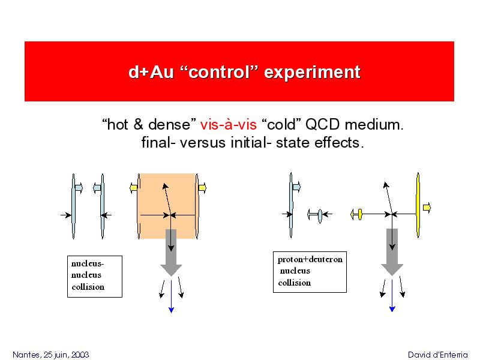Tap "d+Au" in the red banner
pos(151,72)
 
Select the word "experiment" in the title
pos(312,73)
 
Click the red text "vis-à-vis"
pos(229,125)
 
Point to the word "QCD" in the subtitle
pos(323,125)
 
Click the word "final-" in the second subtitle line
pos(158,143)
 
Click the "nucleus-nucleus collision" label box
pos(95,277)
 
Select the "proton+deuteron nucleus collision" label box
pos(310,272)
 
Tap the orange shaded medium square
pos(167,206)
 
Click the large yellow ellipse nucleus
pos(418,205)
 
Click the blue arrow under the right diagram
pos(392,296)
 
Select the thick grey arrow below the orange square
pos(171,252)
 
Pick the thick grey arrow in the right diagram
pos(392,251)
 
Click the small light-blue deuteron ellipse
pos(320,216)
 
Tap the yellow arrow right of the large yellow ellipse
pos(427,208)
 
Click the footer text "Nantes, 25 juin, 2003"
pos(51,355)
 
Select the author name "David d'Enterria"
pos(438,355)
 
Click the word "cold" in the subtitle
pos(281,125)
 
